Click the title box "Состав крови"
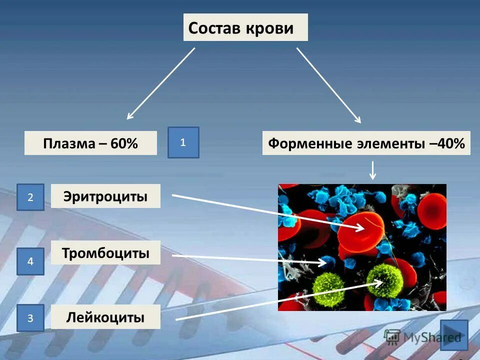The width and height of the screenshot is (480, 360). click(245, 27)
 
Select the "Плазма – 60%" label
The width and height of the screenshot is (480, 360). click(90, 143)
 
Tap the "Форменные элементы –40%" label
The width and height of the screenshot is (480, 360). click(366, 143)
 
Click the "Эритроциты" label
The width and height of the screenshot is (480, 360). click(105, 196)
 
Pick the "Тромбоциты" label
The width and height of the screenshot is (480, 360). click(105, 253)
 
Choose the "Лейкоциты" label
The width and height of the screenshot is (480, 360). click(105, 317)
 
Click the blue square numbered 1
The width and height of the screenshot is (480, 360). click(183, 142)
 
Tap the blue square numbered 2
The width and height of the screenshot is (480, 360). click(30, 197)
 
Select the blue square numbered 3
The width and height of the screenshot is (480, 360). click(30, 318)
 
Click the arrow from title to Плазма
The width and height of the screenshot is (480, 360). click(161, 83)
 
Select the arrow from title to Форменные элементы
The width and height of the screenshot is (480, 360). click(328, 85)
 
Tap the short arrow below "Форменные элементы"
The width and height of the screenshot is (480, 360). click(372, 170)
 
